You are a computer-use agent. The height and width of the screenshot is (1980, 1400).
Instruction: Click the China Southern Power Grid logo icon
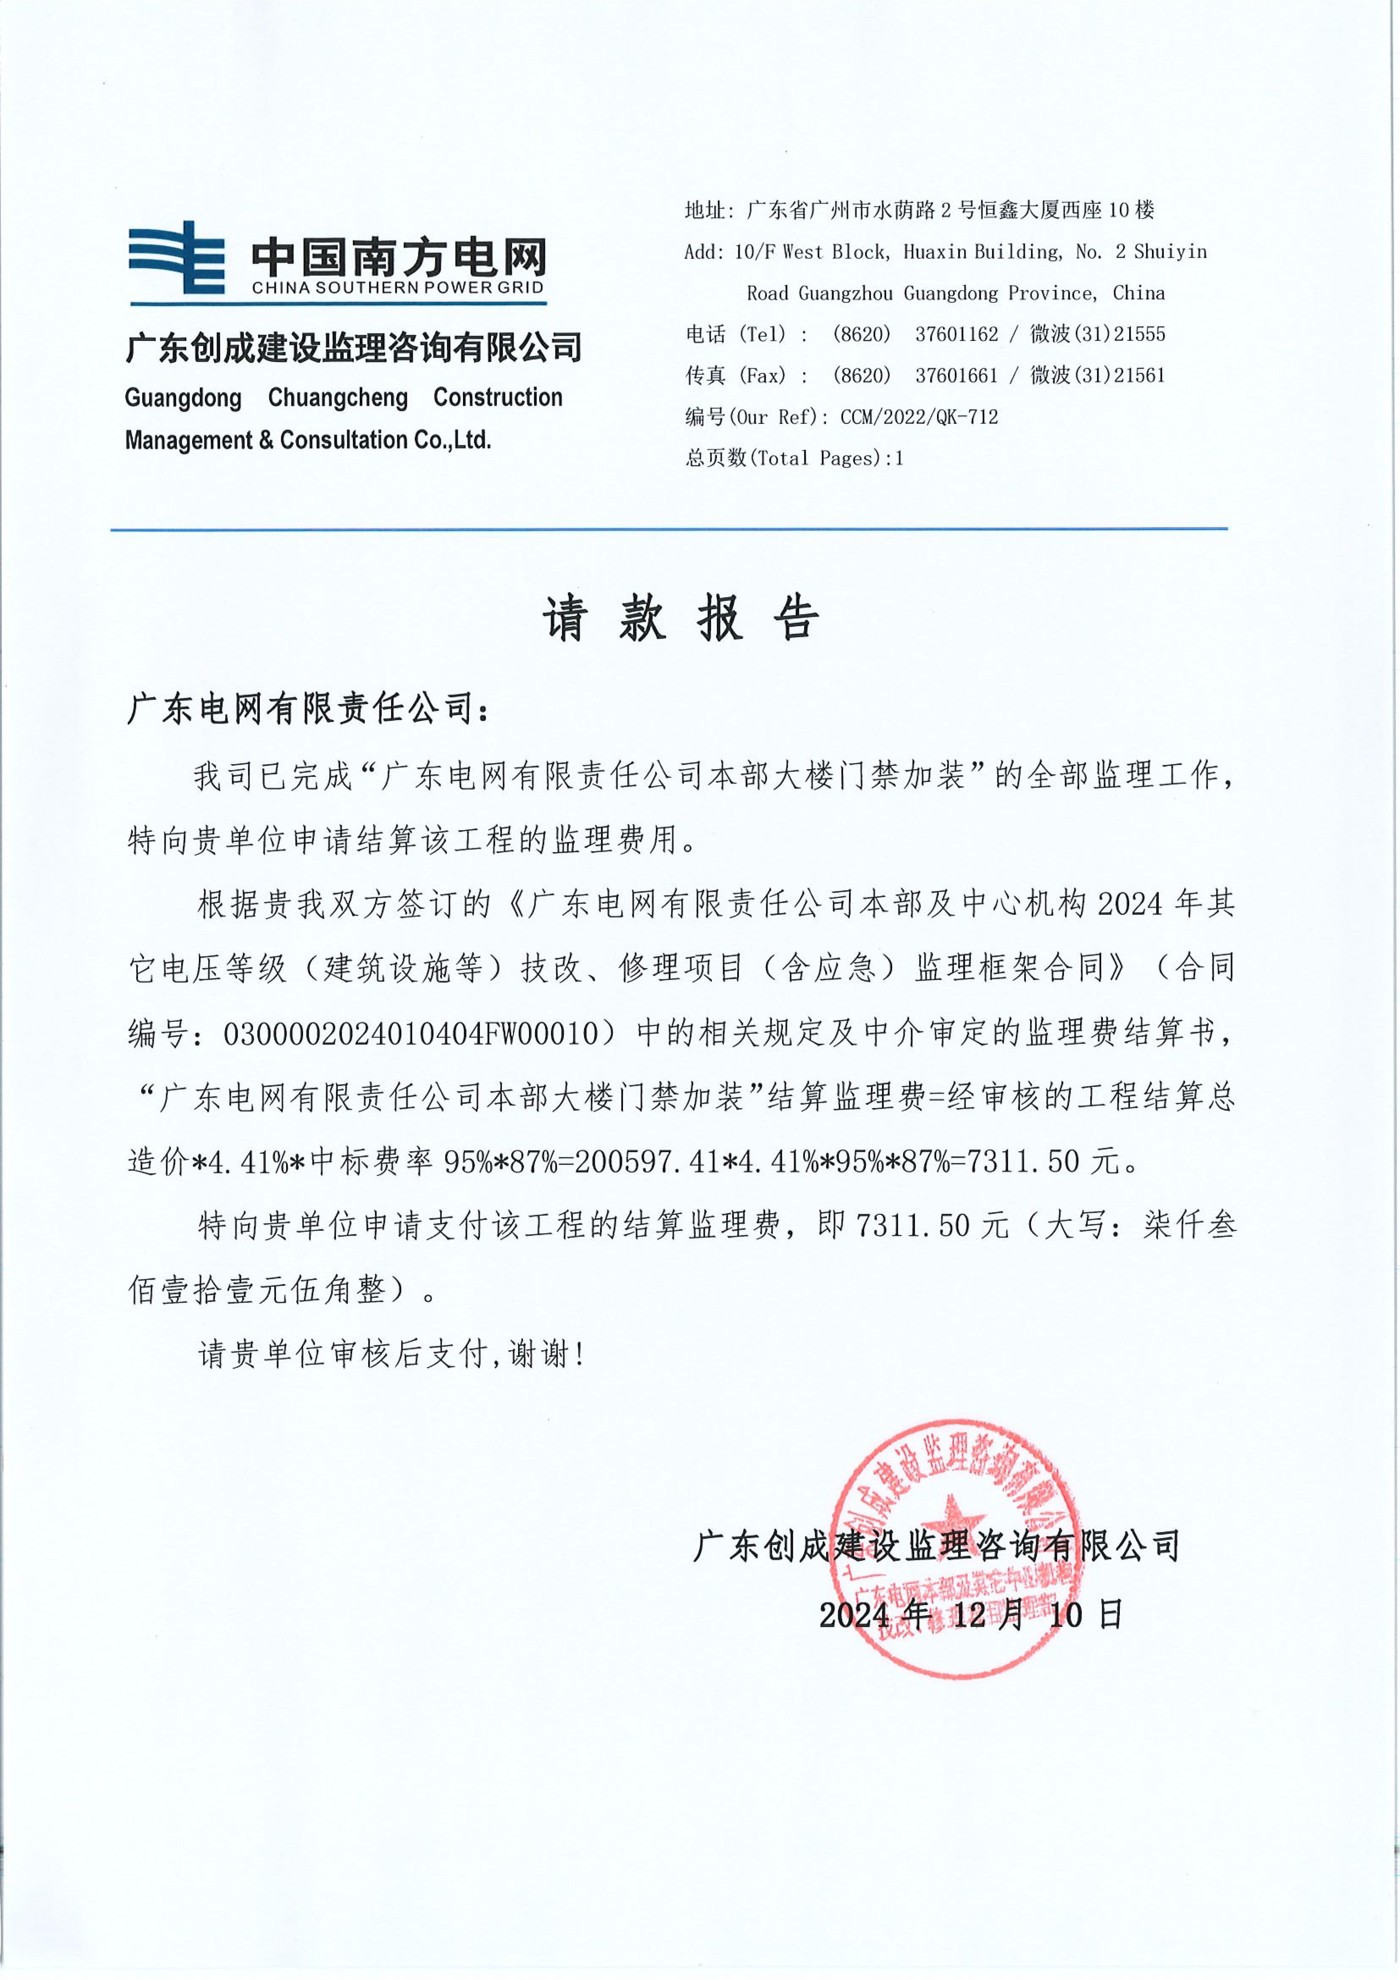tap(177, 257)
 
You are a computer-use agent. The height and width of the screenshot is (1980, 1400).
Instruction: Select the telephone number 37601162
tap(956, 335)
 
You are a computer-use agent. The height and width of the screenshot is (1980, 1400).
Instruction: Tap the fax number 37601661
tap(956, 376)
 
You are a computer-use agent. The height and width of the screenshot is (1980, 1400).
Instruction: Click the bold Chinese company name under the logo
tap(354, 348)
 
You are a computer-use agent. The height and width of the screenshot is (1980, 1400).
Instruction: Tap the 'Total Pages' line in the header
tap(794, 459)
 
